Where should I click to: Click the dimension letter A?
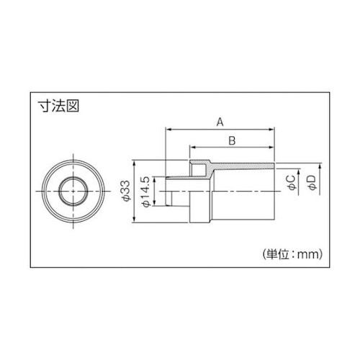coord(220,122)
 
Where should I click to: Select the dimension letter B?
coord(231,141)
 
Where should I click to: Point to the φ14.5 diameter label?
coord(146,191)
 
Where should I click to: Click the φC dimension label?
coord(289,183)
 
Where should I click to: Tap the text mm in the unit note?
coord(307,253)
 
